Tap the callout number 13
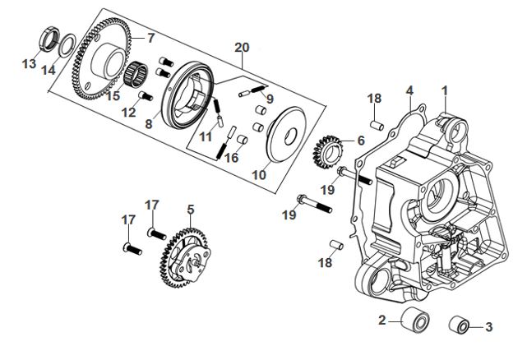pyautogui.click(x=29, y=63)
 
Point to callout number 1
pyautogui.click(x=446, y=89)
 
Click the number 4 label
pyautogui.click(x=409, y=89)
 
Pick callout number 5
pyautogui.click(x=190, y=210)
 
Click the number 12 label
pyautogui.click(x=127, y=112)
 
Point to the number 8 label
pyautogui.click(x=149, y=124)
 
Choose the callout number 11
pyautogui.click(x=206, y=136)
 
